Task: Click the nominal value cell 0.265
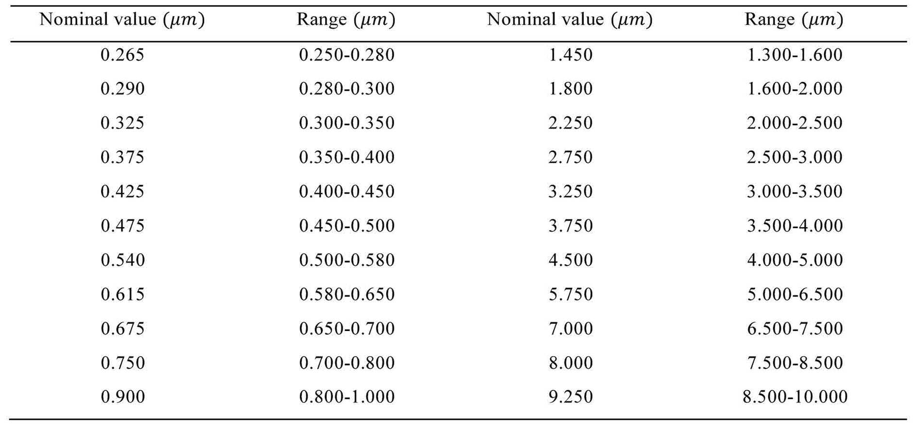coord(122,54)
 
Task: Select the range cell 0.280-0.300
coord(347,88)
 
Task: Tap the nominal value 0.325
coord(122,123)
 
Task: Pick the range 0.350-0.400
coord(347,157)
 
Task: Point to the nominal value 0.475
coord(122,226)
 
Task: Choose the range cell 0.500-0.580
coord(347,260)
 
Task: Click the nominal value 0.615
coord(122,294)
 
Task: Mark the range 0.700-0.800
coord(347,363)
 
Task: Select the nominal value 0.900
coord(122,397)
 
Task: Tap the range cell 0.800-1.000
coord(347,397)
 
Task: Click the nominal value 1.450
coord(571,54)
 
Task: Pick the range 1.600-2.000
coord(795,88)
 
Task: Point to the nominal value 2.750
coord(571,157)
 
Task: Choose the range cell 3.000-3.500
coord(795,191)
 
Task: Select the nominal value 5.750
coord(571,294)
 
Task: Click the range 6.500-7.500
coord(795,329)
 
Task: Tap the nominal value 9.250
coord(571,397)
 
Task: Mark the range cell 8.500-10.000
coord(795,397)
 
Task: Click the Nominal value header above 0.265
coord(122,20)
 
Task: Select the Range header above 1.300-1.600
coord(794,20)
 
